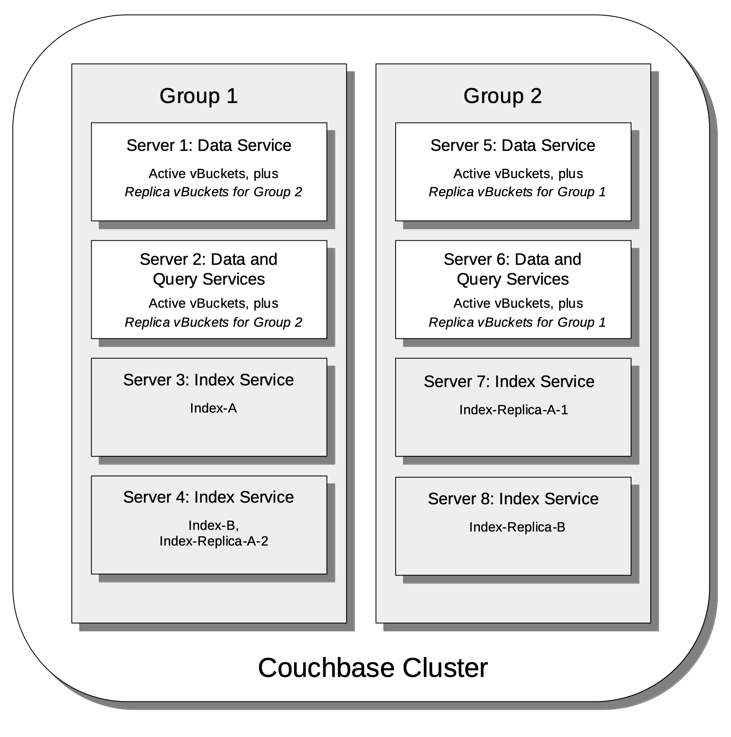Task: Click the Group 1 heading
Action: point(199,96)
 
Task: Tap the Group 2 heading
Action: point(502,96)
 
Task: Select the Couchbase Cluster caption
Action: point(373,668)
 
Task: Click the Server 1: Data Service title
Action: point(209,145)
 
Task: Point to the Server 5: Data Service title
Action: point(513,145)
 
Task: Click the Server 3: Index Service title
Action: point(208,380)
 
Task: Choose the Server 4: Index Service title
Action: point(208,497)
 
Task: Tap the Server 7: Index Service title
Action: point(509,382)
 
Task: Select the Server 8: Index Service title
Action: point(513,499)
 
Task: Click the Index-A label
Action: point(213,408)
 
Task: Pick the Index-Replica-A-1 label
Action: point(513,410)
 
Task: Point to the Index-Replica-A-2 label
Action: point(214,541)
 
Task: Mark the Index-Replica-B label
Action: point(517,527)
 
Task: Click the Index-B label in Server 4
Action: point(213,525)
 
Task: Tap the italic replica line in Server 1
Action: point(213,192)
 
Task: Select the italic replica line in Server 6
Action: point(517,322)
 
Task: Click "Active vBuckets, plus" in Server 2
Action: point(213,303)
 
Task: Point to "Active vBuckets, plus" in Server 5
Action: point(518,174)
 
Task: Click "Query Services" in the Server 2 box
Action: point(209,280)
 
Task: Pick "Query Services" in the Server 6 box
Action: point(513,280)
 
